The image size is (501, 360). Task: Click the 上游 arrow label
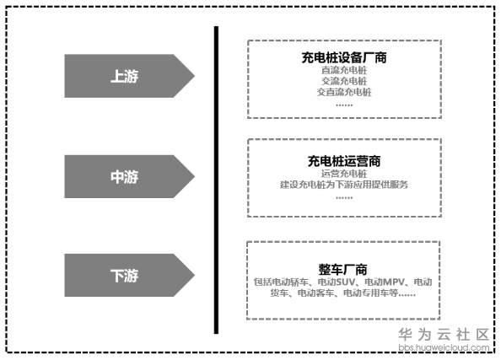coord(124,76)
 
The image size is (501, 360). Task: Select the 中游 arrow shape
coord(129,177)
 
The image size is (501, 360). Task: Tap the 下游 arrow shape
coord(129,276)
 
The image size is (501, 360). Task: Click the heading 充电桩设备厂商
coord(344,57)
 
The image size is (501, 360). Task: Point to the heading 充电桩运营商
coord(344,161)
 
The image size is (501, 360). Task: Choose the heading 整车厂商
coord(342,269)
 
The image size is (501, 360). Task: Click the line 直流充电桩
coord(344,70)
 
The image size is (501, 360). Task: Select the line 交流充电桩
coord(344,81)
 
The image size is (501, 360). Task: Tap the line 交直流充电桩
coord(344,92)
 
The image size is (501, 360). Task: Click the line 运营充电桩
coord(344,174)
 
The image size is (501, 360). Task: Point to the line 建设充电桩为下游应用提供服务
coord(344,185)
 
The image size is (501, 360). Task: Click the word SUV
coord(346,282)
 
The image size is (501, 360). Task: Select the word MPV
coord(394,282)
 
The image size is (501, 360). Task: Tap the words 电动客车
coord(315,293)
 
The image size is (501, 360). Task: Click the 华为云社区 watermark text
coord(444,335)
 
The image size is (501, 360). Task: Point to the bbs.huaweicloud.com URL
coord(444,347)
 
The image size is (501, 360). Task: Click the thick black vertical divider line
coord(216,180)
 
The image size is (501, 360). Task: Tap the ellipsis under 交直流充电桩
coord(344,105)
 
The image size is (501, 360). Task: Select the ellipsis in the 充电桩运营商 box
coord(344,198)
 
